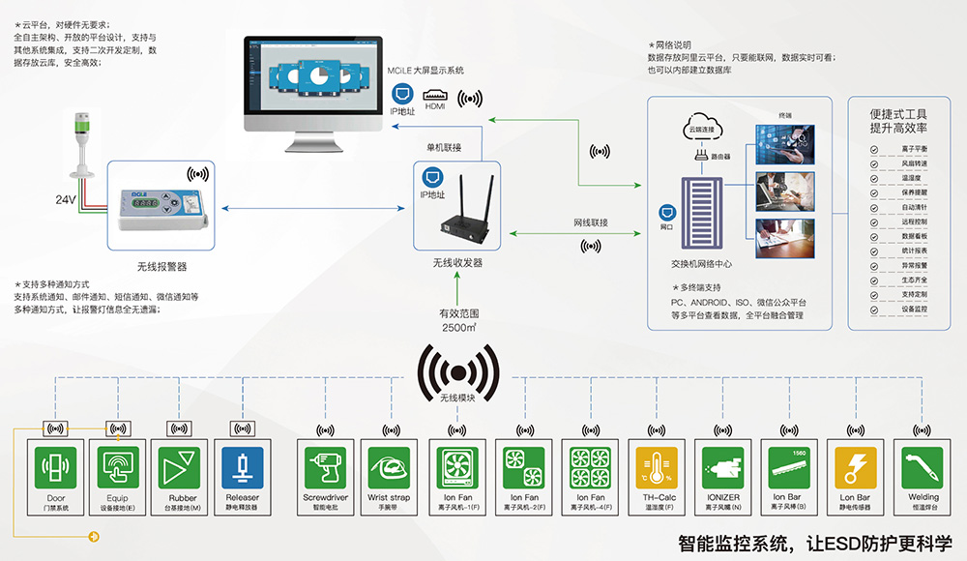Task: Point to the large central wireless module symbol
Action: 459,370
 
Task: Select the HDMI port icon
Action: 436,96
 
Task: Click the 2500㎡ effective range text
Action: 460,328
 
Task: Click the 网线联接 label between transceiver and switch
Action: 590,222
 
